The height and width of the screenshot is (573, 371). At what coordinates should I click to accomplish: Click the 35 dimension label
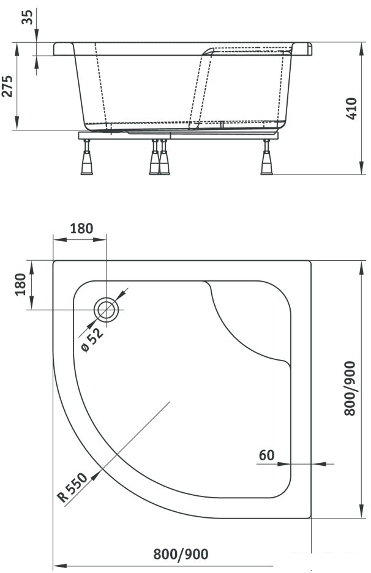27,17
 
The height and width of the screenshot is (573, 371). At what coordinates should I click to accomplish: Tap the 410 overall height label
351,108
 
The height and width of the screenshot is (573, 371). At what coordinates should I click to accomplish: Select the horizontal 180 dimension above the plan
81,228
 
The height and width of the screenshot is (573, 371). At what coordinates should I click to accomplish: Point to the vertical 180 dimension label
20,284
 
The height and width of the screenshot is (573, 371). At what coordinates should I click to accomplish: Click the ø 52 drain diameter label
92,340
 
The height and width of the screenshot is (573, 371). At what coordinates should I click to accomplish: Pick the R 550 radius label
73,487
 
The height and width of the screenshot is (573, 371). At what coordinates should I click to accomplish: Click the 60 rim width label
266,455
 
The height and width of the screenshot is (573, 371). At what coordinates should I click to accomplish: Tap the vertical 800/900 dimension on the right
350,388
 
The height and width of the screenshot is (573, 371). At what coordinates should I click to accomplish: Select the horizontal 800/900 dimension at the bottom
181,554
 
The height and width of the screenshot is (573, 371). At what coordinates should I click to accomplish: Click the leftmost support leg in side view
86,157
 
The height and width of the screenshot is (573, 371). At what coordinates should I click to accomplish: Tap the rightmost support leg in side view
266,157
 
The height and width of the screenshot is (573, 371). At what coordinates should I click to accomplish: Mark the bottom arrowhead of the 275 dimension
17,123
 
